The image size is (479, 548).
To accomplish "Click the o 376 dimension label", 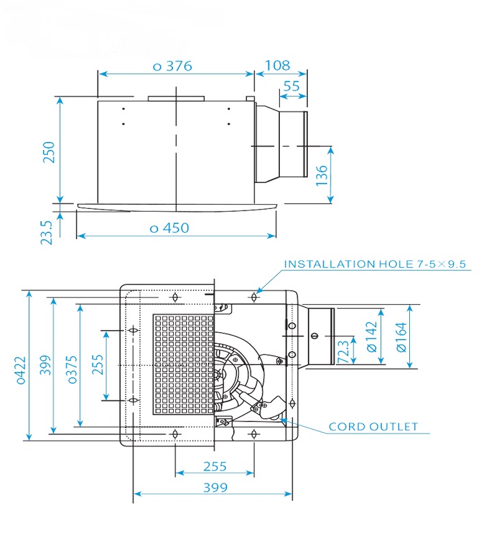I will (172, 66).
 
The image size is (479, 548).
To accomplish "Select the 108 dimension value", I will (276, 66).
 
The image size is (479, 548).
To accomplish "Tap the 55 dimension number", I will (291, 86).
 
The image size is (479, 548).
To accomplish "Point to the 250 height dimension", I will (49, 152).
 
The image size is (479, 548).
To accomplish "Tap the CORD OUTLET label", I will (373, 426).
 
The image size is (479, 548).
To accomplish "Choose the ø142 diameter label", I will (372, 337).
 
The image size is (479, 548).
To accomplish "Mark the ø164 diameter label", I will (402, 337).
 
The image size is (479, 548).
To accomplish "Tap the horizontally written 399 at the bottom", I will (211, 488).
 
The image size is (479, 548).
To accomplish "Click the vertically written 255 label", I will (97, 366).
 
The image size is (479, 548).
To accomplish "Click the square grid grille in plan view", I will (179, 366).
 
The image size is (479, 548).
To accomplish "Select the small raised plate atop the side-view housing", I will (176, 99).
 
